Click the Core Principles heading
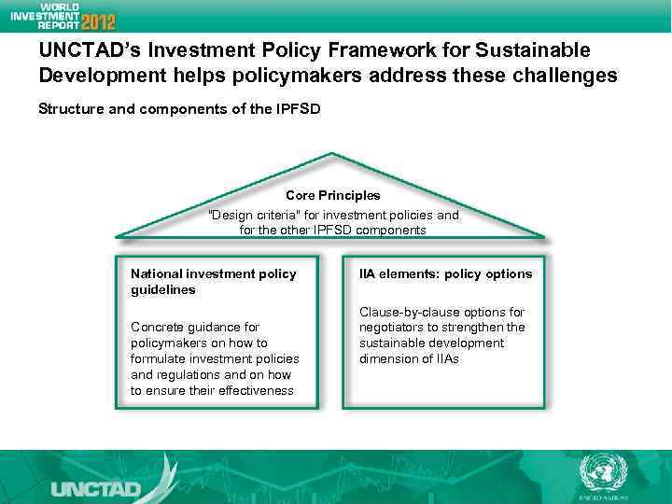[332, 196]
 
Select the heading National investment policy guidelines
[213, 281]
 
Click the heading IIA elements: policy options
[445, 273]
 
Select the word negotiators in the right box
[392, 328]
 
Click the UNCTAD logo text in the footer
[95, 488]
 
